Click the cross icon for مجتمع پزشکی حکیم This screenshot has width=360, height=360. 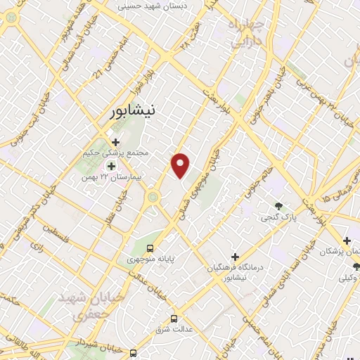(x=115, y=141)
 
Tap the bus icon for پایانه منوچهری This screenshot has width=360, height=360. (x=150, y=248)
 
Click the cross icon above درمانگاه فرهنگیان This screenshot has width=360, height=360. (x=235, y=257)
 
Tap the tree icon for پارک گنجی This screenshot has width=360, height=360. (x=279, y=207)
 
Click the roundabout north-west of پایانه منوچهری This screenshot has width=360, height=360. (x=152, y=200)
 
